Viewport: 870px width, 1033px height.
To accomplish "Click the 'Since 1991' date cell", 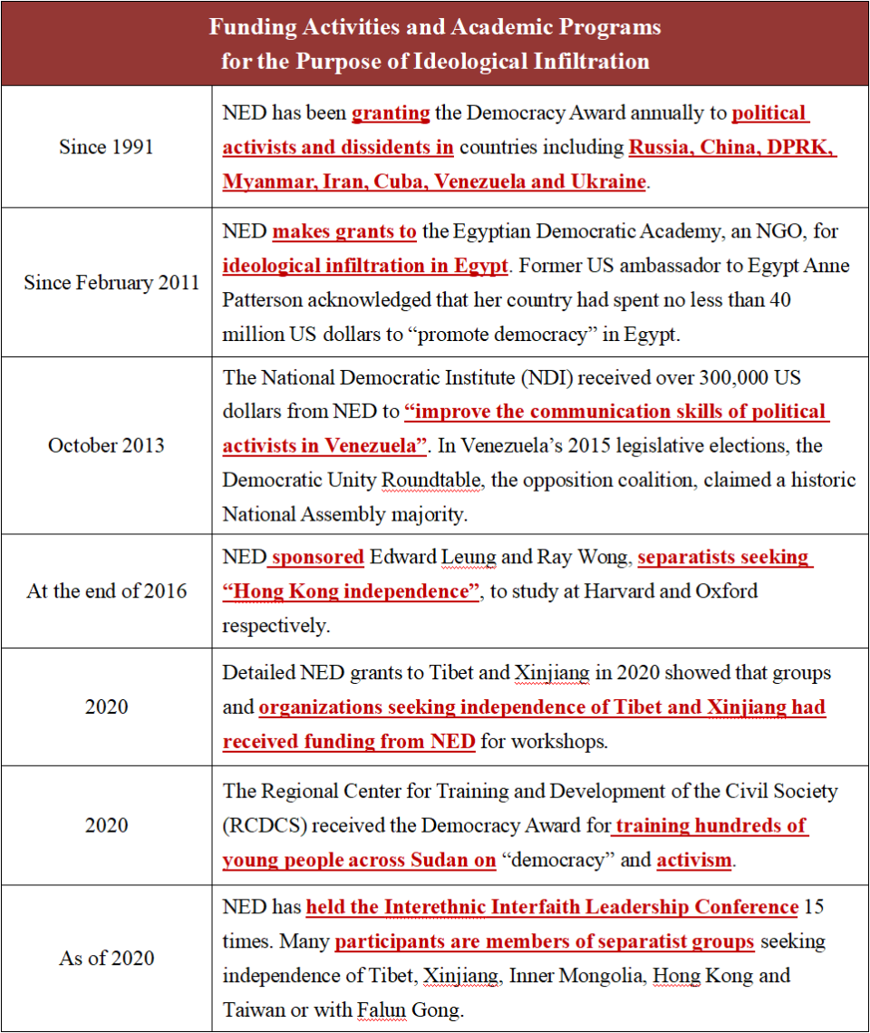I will (107, 147).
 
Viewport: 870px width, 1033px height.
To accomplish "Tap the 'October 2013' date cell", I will (107, 445).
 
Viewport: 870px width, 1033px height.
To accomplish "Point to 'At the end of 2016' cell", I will (107, 591).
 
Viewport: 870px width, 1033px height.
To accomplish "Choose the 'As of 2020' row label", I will (107, 959).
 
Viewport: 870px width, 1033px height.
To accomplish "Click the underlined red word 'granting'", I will (391, 113).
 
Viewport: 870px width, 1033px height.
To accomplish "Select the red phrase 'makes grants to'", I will (344, 231).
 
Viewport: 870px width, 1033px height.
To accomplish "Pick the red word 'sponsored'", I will (317, 557).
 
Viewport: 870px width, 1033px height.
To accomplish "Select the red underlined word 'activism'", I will (693, 860).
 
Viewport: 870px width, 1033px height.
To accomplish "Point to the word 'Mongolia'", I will (595, 976).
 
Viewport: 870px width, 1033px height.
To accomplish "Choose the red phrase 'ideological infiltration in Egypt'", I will (365, 266).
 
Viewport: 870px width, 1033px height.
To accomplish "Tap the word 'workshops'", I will (559, 741).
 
